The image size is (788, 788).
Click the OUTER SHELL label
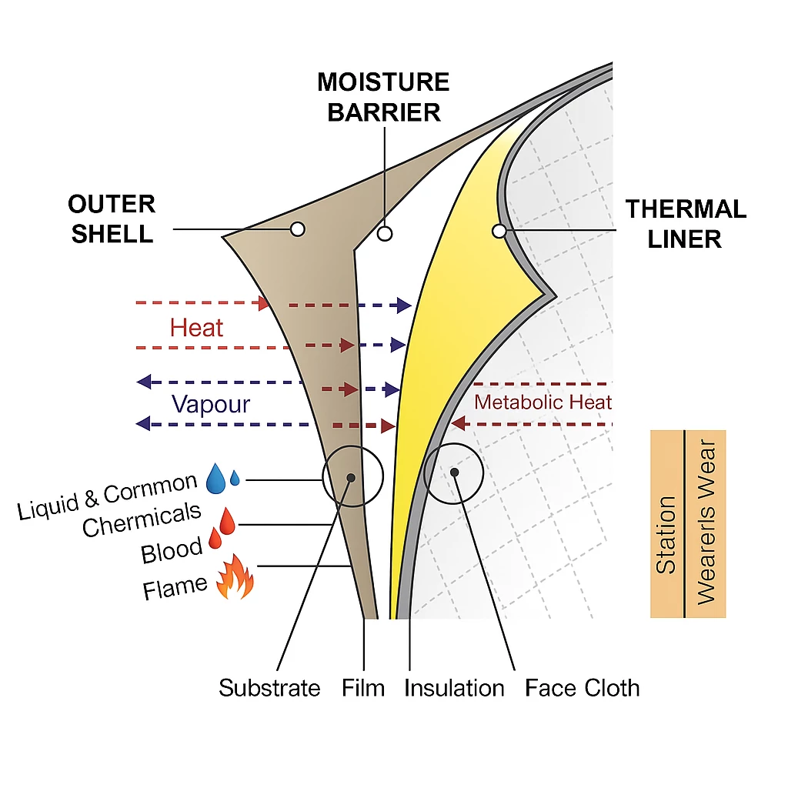[x=112, y=219]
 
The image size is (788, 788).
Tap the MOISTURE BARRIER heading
[x=383, y=97]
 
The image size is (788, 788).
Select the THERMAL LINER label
[x=685, y=223]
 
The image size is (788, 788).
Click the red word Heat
[x=196, y=328]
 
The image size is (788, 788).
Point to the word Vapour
[x=210, y=404]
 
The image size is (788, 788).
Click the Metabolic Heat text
[x=543, y=402]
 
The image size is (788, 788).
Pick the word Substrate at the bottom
[x=269, y=687]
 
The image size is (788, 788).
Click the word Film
[x=363, y=687]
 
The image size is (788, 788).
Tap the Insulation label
[x=454, y=687]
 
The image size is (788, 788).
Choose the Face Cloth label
[x=582, y=687]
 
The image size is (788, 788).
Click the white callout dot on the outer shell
[x=297, y=229]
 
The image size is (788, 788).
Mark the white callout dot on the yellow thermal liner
[x=499, y=230]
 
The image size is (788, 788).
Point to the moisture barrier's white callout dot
[x=384, y=232]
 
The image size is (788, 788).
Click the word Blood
[x=172, y=550]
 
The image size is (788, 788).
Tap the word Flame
[x=175, y=588]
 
